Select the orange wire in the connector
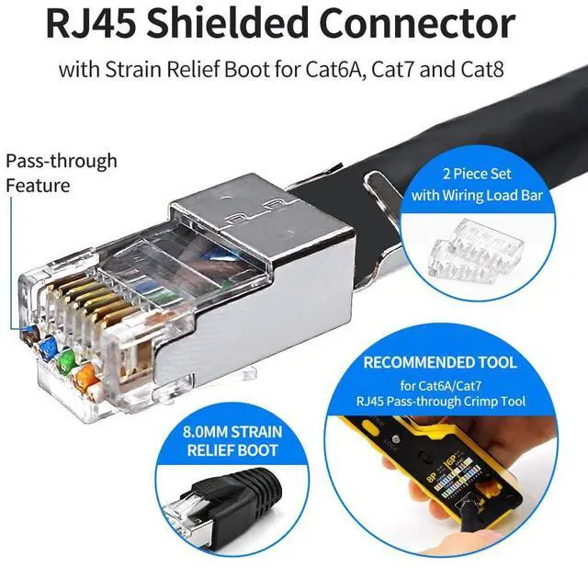[88, 373]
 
